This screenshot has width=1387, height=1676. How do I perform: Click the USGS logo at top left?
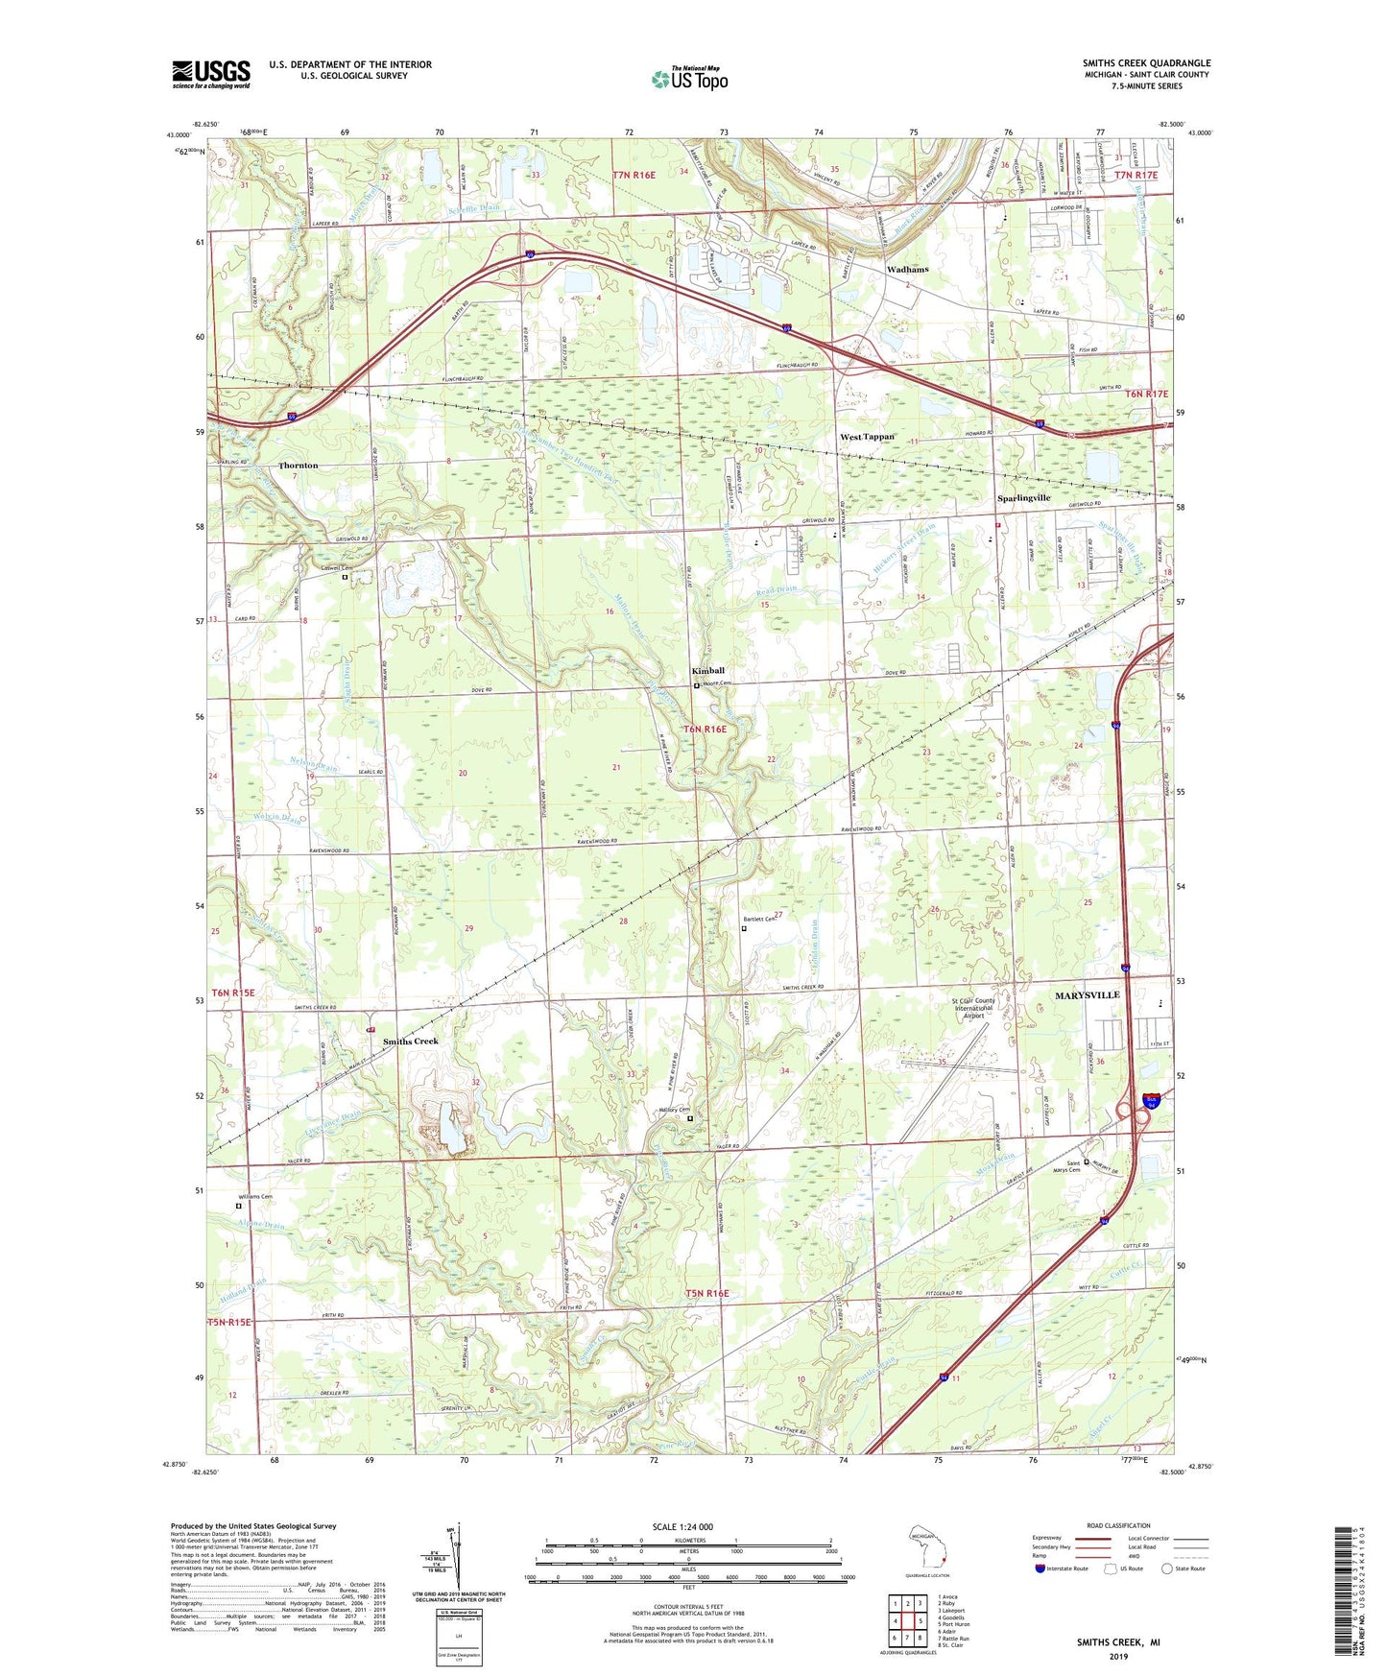pos(210,75)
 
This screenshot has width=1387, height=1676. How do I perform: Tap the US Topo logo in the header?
pos(690,79)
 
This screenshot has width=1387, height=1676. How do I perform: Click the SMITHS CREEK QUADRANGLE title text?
pos(1146,63)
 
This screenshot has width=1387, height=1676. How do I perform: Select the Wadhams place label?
pos(907,270)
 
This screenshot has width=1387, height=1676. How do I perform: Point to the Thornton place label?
pos(298,466)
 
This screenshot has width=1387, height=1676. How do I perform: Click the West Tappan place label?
pos(867,437)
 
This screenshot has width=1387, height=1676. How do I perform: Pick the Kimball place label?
pos(708,670)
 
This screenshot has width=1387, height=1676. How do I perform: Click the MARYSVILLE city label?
pos(1088,994)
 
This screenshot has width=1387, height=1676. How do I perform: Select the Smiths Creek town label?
pos(411,1042)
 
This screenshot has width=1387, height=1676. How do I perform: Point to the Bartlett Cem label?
pos(759,920)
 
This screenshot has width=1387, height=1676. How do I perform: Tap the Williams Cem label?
pos(254,1197)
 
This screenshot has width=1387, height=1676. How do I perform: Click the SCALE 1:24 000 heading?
pos(682,1527)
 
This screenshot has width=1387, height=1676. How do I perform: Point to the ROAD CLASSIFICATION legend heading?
pos(1117,1525)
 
